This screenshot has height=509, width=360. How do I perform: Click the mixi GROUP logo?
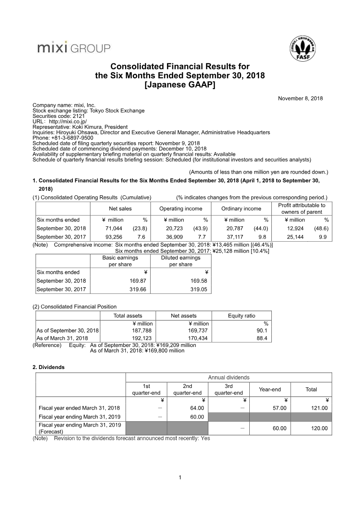[73, 47]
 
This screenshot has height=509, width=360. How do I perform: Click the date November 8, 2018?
[300, 99]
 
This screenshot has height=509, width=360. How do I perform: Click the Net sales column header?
[120, 208]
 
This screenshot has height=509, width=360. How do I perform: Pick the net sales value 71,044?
[117, 228]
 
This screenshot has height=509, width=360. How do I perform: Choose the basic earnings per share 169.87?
[137, 281]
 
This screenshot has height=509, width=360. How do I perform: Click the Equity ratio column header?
[241, 316]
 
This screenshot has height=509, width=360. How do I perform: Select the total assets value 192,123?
[144, 338]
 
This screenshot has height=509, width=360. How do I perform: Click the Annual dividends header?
[229, 378]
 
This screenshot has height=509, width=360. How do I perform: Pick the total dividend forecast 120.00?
[319, 428]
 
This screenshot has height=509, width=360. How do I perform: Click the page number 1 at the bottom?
[180, 477]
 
